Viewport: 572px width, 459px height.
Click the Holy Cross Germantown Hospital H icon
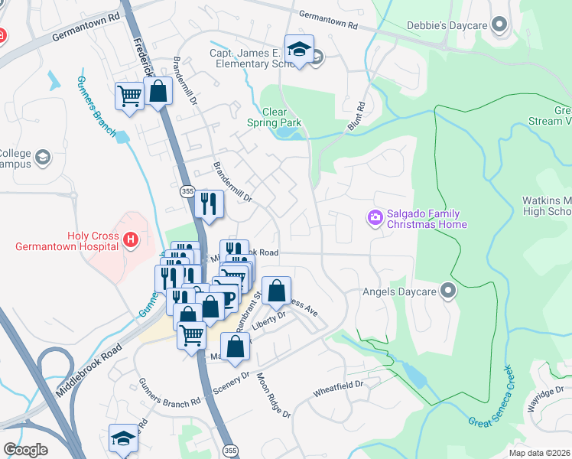[x=132, y=241]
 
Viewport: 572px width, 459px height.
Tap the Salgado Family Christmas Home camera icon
[x=375, y=219]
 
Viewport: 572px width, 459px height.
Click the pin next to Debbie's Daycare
[x=500, y=25]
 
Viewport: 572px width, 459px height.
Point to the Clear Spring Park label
[x=274, y=117]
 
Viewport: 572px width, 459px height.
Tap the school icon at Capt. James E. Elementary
[x=297, y=50]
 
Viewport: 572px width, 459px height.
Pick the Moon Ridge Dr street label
[x=274, y=395]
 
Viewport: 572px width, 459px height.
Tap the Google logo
[x=25, y=449]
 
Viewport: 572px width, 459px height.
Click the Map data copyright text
[x=540, y=454]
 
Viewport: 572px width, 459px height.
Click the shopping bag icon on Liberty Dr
[x=277, y=291]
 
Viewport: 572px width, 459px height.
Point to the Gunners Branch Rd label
[x=169, y=390]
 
